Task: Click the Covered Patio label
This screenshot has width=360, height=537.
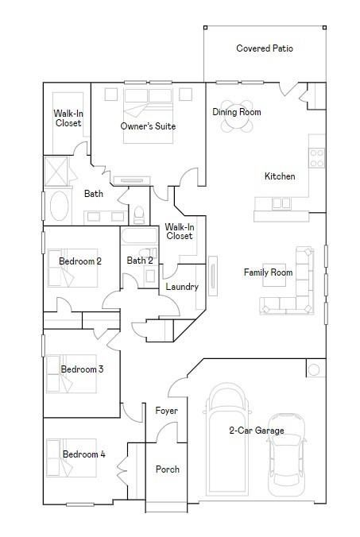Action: click(265, 48)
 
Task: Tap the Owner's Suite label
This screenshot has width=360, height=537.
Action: click(148, 126)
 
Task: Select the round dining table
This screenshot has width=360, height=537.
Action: click(236, 111)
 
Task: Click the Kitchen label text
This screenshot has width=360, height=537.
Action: click(280, 176)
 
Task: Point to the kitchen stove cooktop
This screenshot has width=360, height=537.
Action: click(317, 157)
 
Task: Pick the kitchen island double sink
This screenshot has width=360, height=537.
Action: click(281, 203)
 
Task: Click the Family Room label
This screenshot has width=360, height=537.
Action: click(268, 272)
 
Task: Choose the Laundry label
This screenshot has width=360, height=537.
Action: click(181, 287)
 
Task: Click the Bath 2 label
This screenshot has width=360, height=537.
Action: click(140, 261)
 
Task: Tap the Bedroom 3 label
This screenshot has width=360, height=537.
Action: click(83, 369)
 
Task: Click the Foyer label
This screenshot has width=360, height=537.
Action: click(166, 411)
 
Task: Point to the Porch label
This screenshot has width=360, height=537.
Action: click(167, 469)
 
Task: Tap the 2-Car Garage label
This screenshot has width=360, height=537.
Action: click(257, 431)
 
